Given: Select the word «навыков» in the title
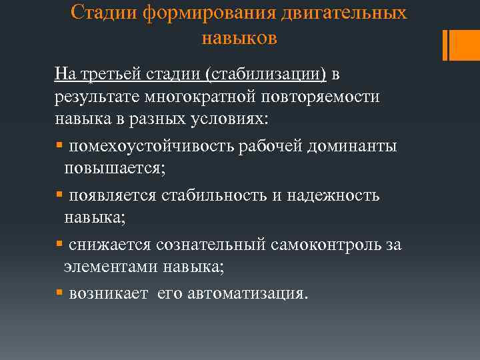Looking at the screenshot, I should pos(239,38).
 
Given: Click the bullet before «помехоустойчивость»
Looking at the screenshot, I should pos(59,145).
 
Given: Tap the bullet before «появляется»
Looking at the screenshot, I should pos(59,195).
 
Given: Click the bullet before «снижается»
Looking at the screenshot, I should pos(59,244).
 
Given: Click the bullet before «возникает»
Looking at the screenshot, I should pos(59,293).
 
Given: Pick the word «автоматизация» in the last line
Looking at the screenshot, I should pos(243,293).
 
